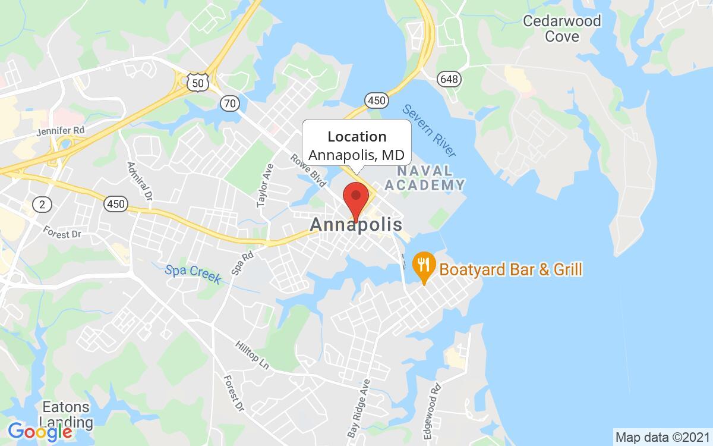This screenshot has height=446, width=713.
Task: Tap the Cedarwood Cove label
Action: [x=561, y=29]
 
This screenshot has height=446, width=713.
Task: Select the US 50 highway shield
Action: [x=197, y=83]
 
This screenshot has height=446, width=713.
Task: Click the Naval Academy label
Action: [x=424, y=178]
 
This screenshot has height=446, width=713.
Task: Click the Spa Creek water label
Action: [x=193, y=273]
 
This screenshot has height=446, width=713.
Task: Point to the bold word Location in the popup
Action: [x=356, y=137]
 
